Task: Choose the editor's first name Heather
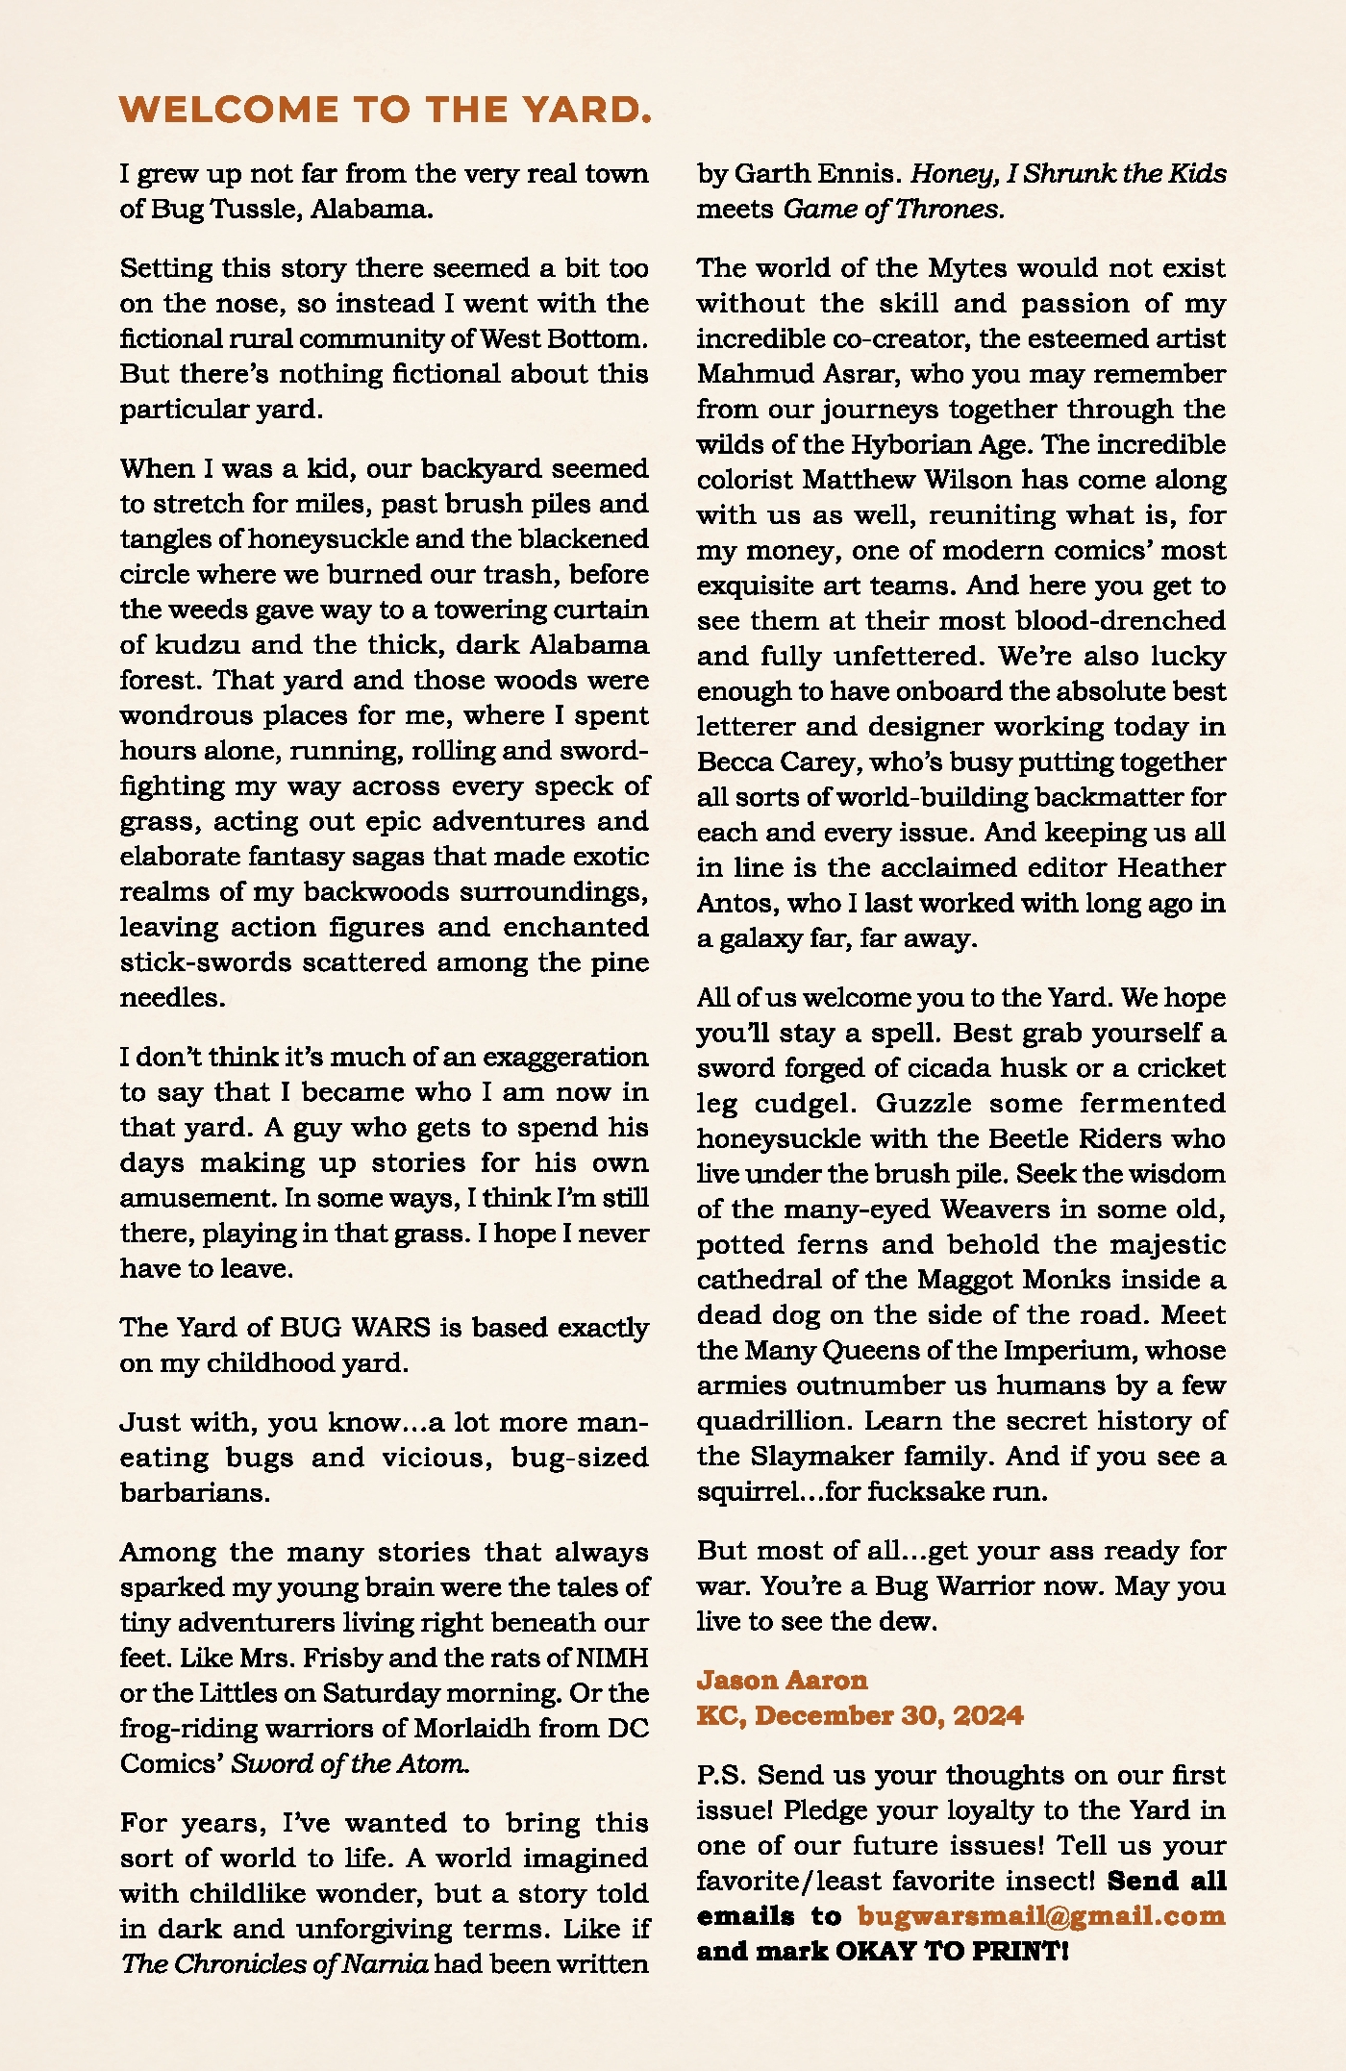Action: click(1170, 868)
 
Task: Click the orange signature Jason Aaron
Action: click(782, 1681)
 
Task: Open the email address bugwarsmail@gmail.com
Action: click(1040, 1916)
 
